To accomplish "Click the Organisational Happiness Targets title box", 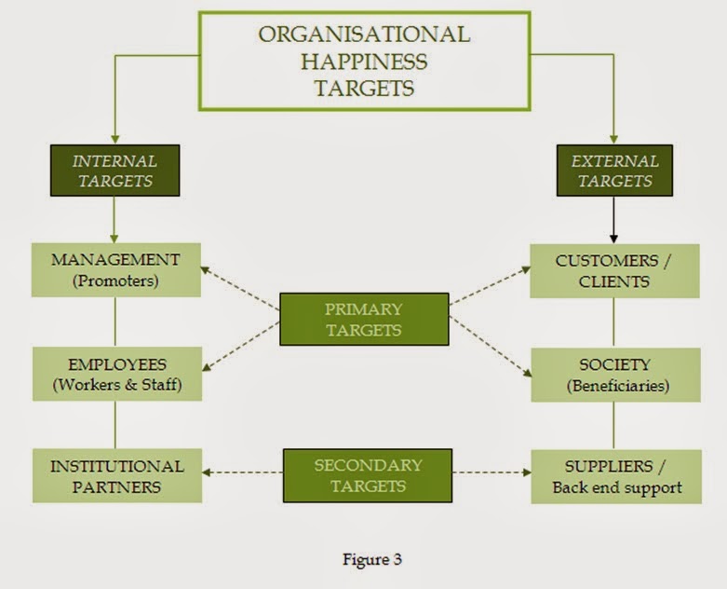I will (x=364, y=62).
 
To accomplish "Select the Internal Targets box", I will (x=114, y=170).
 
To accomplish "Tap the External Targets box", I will (x=613, y=170).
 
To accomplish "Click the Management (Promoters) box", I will (x=114, y=269).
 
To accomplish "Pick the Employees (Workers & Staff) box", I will (x=114, y=374).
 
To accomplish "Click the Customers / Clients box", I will (x=613, y=270).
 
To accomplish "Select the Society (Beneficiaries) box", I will (x=613, y=375).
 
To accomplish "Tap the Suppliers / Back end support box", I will (x=615, y=475).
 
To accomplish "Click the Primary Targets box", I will (x=364, y=318).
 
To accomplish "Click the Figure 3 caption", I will (x=364, y=560).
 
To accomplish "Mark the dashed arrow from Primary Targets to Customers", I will (x=490, y=287).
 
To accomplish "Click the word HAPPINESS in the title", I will (x=364, y=62).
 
